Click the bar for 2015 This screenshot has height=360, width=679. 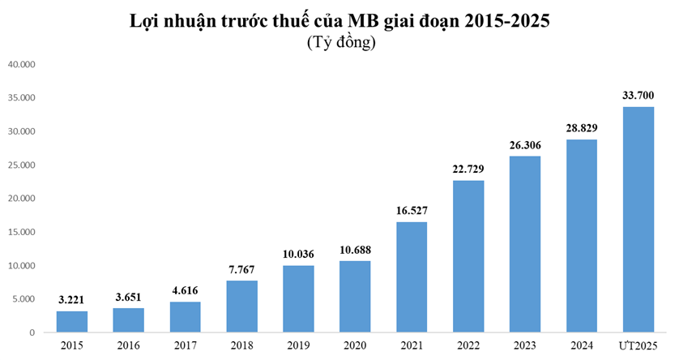point(71,322)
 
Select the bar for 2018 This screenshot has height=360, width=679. point(241,306)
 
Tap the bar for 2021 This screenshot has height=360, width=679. point(412,277)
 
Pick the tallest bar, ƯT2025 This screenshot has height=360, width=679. point(638,220)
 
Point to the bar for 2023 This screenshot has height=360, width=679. point(525,244)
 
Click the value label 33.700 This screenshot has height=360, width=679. point(638,96)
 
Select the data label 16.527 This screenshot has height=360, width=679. point(412,211)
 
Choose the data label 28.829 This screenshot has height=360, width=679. point(582,128)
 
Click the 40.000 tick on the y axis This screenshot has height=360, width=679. point(22,63)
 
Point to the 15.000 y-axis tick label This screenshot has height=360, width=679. point(22,232)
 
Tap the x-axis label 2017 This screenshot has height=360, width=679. point(185,347)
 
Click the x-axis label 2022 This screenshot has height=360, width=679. point(468,347)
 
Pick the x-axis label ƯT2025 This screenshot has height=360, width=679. point(638,347)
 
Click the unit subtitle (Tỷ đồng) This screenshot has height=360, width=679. point(339,43)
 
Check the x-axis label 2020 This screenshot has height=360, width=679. point(355,347)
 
